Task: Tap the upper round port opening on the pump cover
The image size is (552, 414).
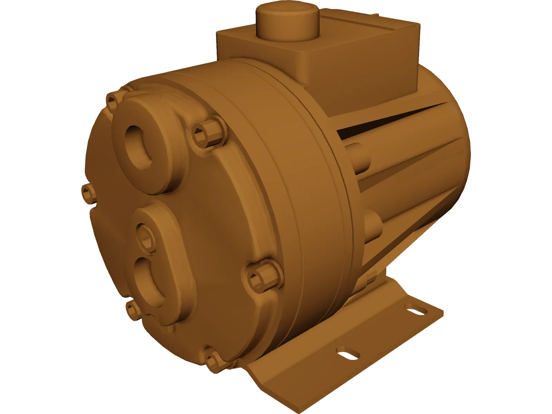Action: point(139,145)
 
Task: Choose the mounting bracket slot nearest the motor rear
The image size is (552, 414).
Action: point(417,310)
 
